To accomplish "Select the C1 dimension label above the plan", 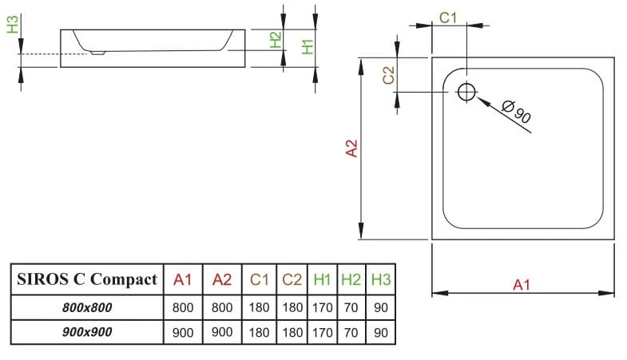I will tap(448, 18).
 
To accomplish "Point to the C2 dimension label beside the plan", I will tap(389, 75).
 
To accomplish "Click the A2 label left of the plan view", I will tap(351, 148).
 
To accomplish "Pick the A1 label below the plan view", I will tap(522, 284).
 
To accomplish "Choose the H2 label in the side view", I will tap(276, 40).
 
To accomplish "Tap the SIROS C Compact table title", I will tap(87, 279).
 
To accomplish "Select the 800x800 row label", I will tap(87, 307).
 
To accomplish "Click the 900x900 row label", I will tap(87, 332).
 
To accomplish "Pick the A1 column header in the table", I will tap(183, 279).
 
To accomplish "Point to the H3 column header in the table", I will tap(380, 279).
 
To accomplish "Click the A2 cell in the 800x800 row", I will tap(222, 307).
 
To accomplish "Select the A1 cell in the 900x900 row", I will tap(183, 332).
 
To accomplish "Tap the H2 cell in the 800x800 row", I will tap(351, 307).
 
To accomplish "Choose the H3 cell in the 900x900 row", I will tap(380, 332).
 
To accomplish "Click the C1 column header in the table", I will tap(260, 279).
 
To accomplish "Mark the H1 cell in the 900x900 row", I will tap(323, 332).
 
